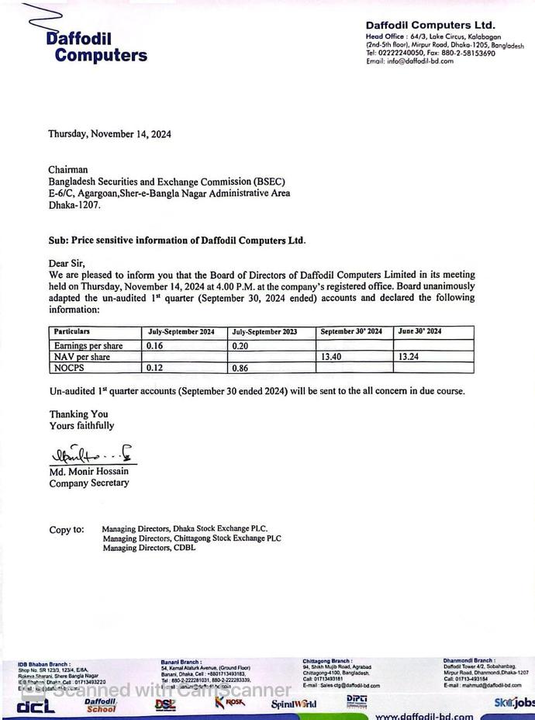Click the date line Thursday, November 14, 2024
coord(109,134)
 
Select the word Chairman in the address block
coord(68,169)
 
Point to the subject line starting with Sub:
coord(177,240)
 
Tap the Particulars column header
coord(72,332)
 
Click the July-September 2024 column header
coord(181,332)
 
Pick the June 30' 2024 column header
coord(419,332)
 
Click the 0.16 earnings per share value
coord(154,345)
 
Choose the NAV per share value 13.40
coord(331,357)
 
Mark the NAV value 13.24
coord(409,357)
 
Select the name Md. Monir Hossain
coord(89,471)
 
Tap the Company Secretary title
coord(89,483)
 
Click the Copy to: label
coord(67,530)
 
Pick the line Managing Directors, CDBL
coord(149,548)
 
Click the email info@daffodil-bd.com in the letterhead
coord(410,61)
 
